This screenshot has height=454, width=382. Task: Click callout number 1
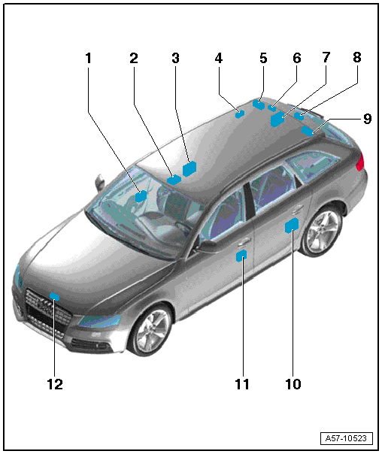point(88,58)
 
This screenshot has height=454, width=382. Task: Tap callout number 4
point(219,58)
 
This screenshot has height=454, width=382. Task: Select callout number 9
point(367,119)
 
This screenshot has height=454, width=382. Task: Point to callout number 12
point(55,384)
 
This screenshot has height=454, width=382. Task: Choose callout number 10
point(293,384)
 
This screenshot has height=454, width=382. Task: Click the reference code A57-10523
point(346,438)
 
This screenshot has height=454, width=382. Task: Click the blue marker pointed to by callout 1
point(141,196)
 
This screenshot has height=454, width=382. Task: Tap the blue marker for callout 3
point(189,169)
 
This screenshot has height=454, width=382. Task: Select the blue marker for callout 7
point(277,119)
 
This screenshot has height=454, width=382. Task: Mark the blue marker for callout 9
point(308,131)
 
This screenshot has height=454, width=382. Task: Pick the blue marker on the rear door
point(292,225)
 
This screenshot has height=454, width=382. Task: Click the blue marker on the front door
point(241,256)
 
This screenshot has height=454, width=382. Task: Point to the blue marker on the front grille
point(54,296)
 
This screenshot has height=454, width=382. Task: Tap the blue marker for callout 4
point(240,114)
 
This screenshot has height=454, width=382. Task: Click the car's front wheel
point(151,330)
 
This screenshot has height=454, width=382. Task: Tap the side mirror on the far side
point(100,182)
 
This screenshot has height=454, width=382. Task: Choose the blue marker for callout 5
point(259,104)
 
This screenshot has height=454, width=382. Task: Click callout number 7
point(326,57)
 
